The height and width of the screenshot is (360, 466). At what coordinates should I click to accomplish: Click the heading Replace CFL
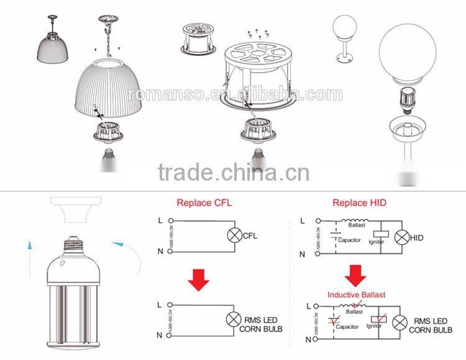pyautogui.click(x=204, y=203)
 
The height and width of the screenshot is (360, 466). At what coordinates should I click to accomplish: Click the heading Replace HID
pyautogui.click(x=359, y=203)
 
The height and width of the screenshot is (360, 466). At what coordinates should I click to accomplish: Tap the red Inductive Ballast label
pyautogui.click(x=356, y=294)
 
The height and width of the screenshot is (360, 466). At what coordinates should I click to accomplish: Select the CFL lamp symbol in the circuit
pyautogui.click(x=235, y=236)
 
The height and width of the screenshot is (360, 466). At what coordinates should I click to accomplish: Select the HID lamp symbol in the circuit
pyautogui.click(x=403, y=238)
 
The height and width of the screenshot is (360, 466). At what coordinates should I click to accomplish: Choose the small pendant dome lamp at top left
pyautogui.click(x=53, y=45)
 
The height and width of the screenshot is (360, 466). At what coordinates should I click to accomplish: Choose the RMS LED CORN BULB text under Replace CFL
pyautogui.click(x=261, y=325)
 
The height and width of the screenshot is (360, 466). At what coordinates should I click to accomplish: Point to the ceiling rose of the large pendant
pyautogui.click(x=108, y=21)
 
